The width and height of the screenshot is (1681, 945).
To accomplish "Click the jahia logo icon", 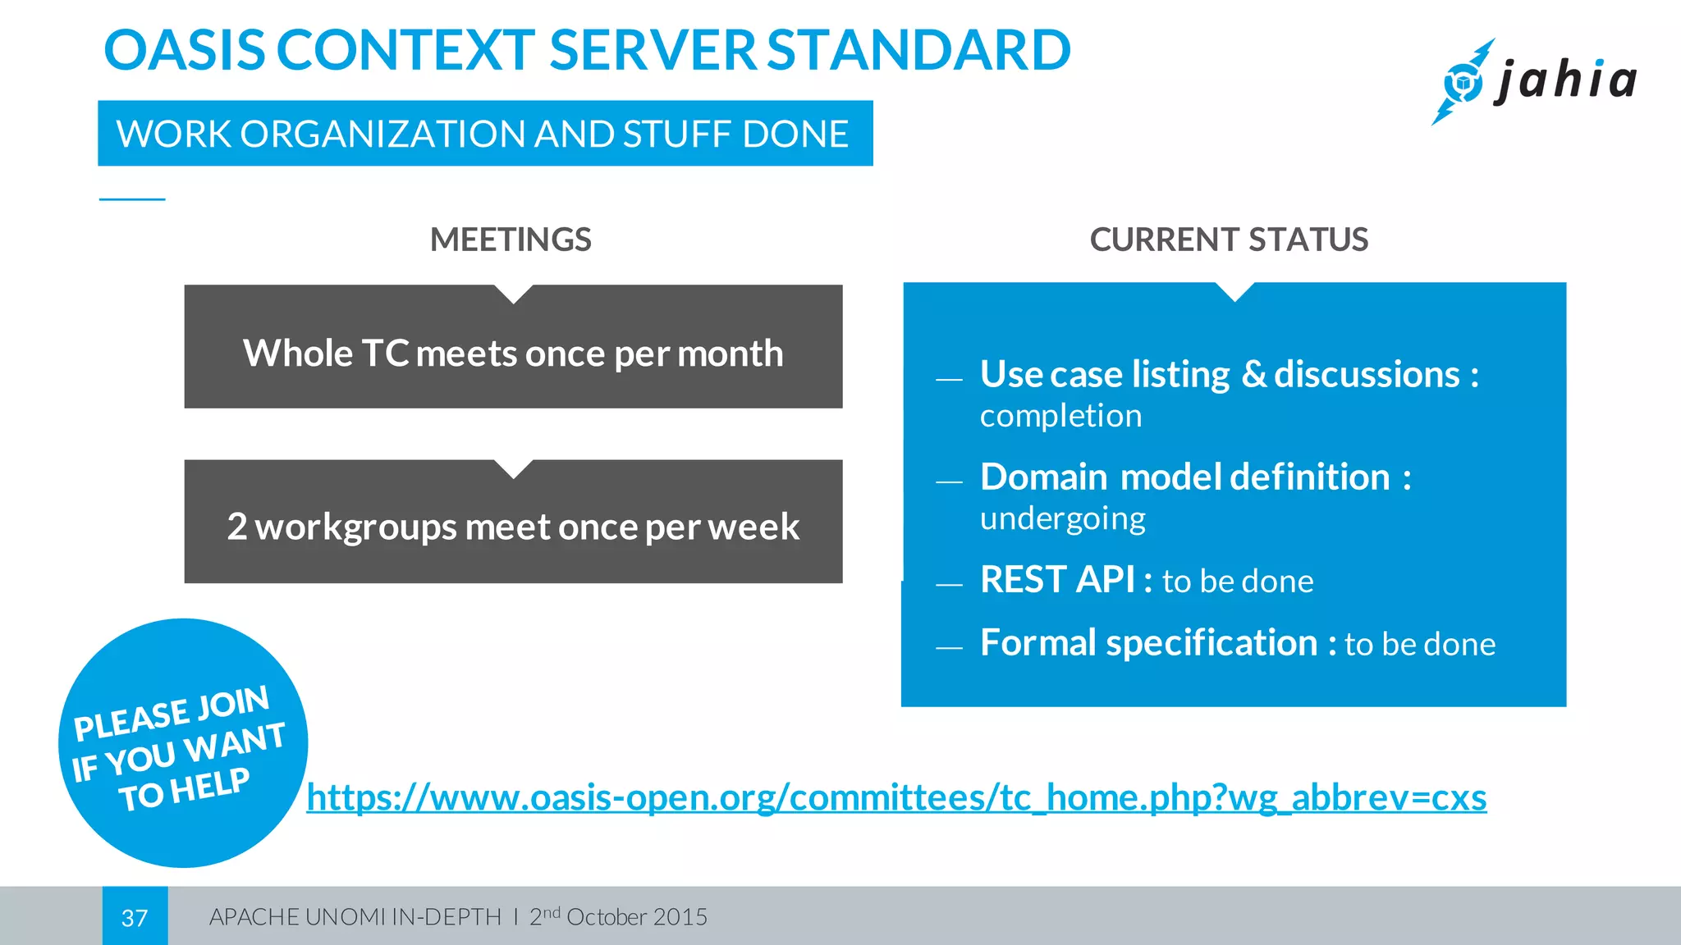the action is pos(1463,82).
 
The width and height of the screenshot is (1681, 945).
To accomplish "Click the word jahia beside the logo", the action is pos(1566,81).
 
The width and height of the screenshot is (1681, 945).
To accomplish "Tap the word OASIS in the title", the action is pos(185,50).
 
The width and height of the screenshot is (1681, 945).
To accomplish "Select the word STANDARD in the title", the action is pos(918,50).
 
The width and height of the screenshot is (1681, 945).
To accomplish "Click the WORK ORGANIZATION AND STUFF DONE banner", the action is pos(484,134).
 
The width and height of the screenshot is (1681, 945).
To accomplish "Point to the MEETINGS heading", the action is pos(511,240).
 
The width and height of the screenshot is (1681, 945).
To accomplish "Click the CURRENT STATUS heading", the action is pos(1229,240).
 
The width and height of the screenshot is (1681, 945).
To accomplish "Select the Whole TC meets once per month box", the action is pos(513,354).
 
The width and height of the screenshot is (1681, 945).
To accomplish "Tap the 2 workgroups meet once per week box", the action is pos(513,527).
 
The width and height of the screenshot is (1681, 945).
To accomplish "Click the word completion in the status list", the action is pos(1060,416).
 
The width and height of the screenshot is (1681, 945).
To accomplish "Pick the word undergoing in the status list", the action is pos(1062,518).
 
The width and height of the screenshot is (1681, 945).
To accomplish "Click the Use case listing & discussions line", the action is pos(1229,374).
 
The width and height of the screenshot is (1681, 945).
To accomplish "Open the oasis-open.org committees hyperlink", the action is pos(896,797).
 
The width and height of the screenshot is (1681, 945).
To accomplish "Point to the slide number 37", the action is pos(135,917).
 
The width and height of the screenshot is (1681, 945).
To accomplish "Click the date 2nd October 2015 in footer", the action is pos(618,916).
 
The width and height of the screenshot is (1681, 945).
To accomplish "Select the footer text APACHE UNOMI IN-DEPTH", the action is pos(355,917).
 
